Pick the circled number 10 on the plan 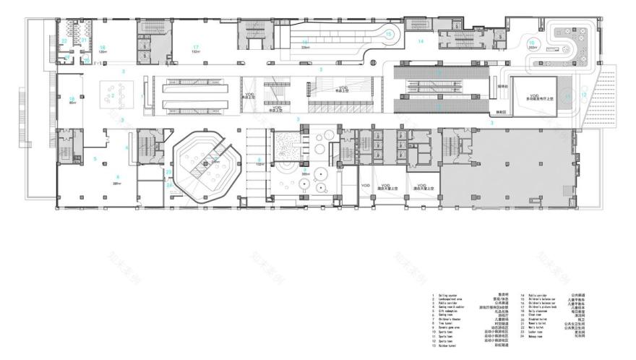point(531,43)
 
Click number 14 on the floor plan point(420,41)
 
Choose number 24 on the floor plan point(169,185)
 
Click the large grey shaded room point(506,166)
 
